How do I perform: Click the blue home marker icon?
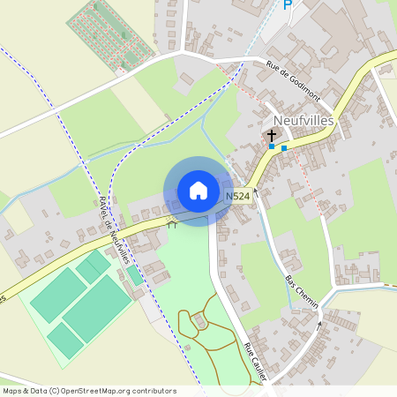pos(198,190)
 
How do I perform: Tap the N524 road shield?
pos(237,196)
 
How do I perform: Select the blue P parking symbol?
pos(287,5)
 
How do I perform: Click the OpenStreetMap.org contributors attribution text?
pos(117,391)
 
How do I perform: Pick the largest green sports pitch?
pos(97,308)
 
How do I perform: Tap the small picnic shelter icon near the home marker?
pos(172,225)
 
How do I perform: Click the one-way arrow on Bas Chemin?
pos(319,327)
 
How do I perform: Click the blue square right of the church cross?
pos(284,148)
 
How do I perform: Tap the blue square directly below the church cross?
pos(272,146)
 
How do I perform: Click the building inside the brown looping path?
pos(201,323)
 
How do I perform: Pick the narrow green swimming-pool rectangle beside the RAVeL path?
pos(135,274)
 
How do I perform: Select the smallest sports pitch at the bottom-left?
pos(64,341)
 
